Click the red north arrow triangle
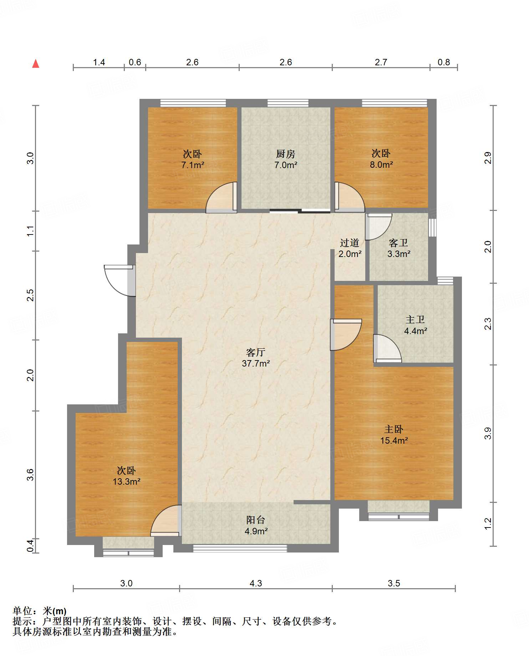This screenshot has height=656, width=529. (36, 64)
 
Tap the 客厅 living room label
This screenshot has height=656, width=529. (256, 353)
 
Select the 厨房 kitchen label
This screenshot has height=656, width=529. (286, 154)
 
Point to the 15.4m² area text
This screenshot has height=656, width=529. (394, 440)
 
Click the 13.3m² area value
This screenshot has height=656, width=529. (127, 481)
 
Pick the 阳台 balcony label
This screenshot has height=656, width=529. (256, 520)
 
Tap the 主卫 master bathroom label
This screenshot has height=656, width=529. (415, 320)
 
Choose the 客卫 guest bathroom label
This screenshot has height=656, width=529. (398, 243)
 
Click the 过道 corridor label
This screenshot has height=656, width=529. (350, 243)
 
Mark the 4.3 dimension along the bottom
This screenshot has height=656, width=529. (256, 583)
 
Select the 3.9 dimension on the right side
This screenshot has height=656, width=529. (488, 433)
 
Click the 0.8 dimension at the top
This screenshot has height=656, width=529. (444, 62)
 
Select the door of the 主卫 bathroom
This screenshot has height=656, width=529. (387, 348)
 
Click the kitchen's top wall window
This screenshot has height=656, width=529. (288, 103)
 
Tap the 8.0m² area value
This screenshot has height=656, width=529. (381, 165)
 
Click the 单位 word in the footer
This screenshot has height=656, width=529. (22, 611)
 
